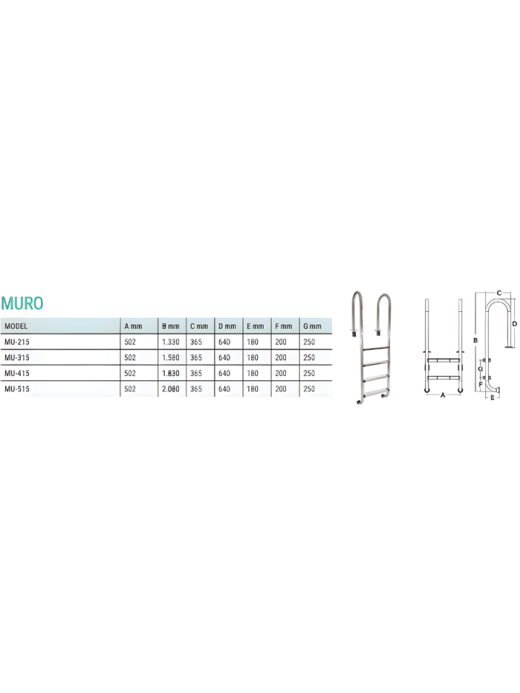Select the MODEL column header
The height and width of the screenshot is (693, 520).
pyautogui.click(x=16, y=326)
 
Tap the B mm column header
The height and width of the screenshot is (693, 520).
pyautogui.click(x=170, y=326)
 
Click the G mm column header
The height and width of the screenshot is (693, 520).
pyautogui.click(x=312, y=326)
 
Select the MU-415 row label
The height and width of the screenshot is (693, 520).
pyautogui.click(x=17, y=373)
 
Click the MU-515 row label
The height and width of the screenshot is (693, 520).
pyautogui.click(x=17, y=389)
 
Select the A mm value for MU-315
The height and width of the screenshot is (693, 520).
pyautogui.click(x=130, y=357)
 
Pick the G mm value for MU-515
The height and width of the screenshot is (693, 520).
pyautogui.click(x=309, y=389)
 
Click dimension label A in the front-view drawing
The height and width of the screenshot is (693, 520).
pyautogui.click(x=443, y=396)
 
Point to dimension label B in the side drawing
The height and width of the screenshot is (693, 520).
pyautogui.click(x=474, y=339)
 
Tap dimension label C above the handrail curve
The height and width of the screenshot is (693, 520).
pyautogui.click(x=499, y=292)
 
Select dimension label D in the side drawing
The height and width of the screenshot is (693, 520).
pyautogui.click(x=514, y=324)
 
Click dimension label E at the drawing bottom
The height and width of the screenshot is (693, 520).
pyautogui.click(x=493, y=397)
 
